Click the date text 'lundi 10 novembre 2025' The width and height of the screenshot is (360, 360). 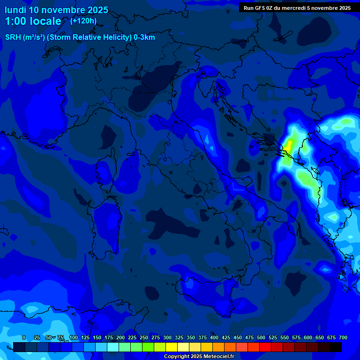click(x=56, y=10)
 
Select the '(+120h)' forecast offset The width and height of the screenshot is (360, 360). click(x=83, y=21)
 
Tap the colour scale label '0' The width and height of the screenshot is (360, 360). click(x=24, y=338)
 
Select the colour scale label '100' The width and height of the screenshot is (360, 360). click(x=74, y=338)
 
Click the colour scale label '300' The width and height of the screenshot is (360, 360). click(x=167, y=338)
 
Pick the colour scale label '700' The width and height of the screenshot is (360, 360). click(x=343, y=338)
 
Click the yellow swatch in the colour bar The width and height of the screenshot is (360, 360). click(x=172, y=347)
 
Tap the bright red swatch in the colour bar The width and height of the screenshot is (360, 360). click(x=265, y=347)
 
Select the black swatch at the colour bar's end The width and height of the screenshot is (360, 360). click(x=336, y=347)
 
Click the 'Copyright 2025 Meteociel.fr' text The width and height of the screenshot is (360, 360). click(x=199, y=357)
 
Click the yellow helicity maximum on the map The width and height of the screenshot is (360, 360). click(x=289, y=146)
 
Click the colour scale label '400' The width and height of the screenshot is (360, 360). click(x=214, y=338)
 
